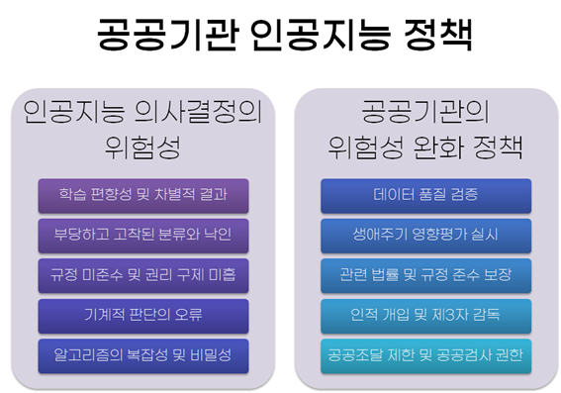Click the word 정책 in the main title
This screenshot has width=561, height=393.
pos(438,35)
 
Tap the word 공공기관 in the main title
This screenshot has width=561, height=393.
pos(167,35)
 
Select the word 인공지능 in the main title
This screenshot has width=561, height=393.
pos(321,35)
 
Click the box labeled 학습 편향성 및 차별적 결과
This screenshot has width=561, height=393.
pos(143,196)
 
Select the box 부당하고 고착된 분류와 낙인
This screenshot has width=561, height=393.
pos(143,237)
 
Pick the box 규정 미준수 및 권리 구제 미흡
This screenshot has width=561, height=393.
pos(143,276)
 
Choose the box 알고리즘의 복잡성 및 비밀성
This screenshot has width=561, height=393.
pos(143,356)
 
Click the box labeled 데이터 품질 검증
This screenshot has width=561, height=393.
pos(426,196)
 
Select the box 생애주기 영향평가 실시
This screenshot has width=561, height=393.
pos(426,237)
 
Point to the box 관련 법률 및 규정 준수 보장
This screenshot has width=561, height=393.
pos(426,276)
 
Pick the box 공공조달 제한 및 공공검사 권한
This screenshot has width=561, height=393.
pos(426,356)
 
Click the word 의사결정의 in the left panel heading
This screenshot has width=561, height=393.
pos(198,112)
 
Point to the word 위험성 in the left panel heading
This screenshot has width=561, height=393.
pos(142,147)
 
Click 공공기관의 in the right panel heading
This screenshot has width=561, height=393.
pos(425,112)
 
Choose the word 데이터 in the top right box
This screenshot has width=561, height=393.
pos(392,195)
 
